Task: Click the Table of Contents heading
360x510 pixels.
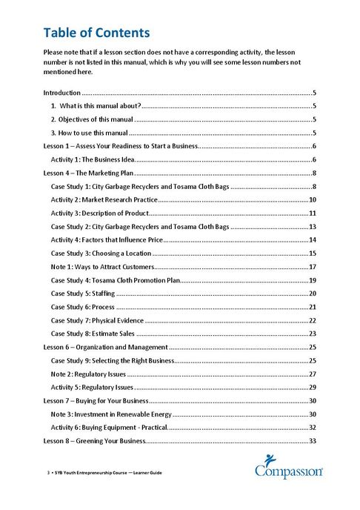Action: [96, 33]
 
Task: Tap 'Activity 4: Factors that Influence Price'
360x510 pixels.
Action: [105, 240]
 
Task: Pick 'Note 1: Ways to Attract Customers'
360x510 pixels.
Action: [101, 267]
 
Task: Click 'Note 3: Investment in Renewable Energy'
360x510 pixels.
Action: [110, 414]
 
